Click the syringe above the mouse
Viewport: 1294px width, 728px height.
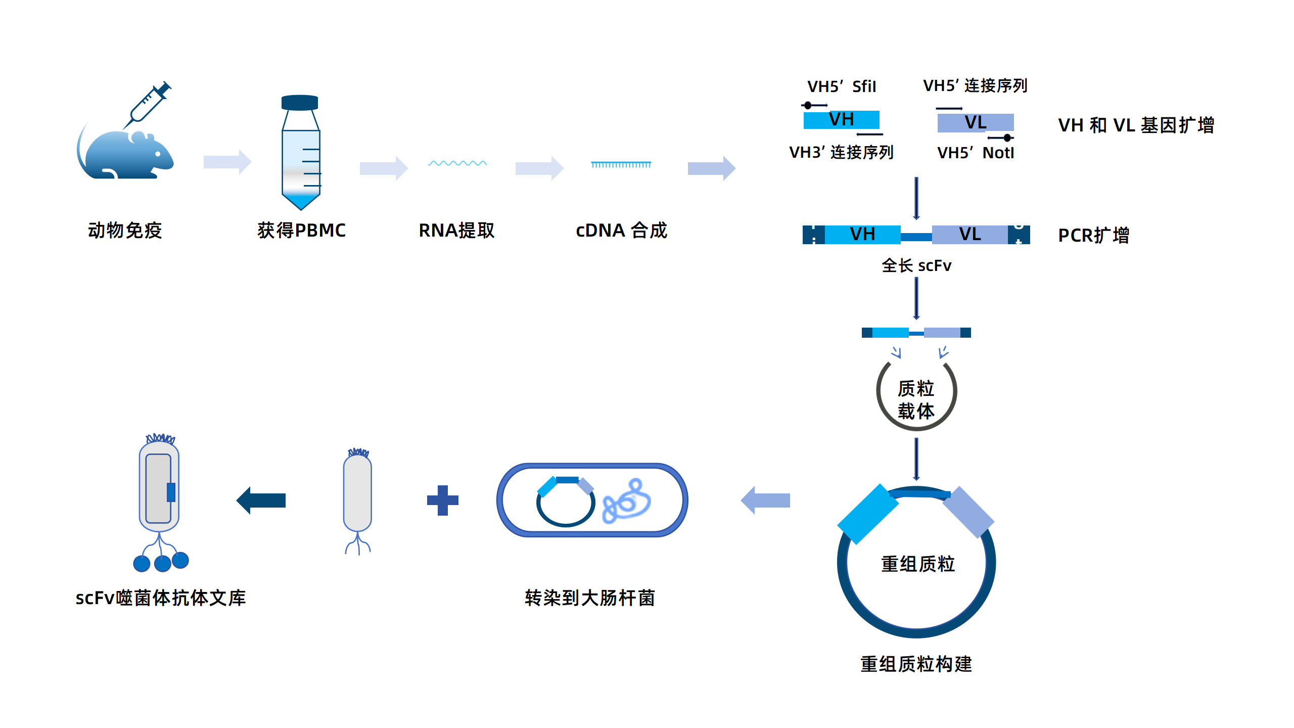[148, 104]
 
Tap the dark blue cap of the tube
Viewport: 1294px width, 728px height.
[300, 102]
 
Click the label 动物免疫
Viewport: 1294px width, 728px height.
[125, 231]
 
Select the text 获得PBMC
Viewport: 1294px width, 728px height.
[301, 231]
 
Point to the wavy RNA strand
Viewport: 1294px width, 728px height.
[457, 163]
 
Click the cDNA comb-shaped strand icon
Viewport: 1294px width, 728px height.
[621, 165]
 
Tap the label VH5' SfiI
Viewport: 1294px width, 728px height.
[842, 86]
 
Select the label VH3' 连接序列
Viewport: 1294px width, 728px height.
[841, 152]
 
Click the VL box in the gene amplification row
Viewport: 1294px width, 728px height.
[975, 123]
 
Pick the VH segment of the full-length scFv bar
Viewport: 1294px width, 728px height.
[862, 235]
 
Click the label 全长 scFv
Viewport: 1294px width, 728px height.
[916, 265]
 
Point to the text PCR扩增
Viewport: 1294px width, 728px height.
[1093, 236]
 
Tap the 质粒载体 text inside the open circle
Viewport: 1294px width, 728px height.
[916, 399]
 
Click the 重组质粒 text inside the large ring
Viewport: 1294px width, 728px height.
[917, 564]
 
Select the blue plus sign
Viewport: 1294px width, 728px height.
[442, 500]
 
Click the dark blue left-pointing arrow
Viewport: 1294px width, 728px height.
[261, 500]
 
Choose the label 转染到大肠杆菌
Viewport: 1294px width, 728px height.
[589, 598]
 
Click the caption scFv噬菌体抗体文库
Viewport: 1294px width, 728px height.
[161, 598]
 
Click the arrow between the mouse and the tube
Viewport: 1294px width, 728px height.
[227, 162]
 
